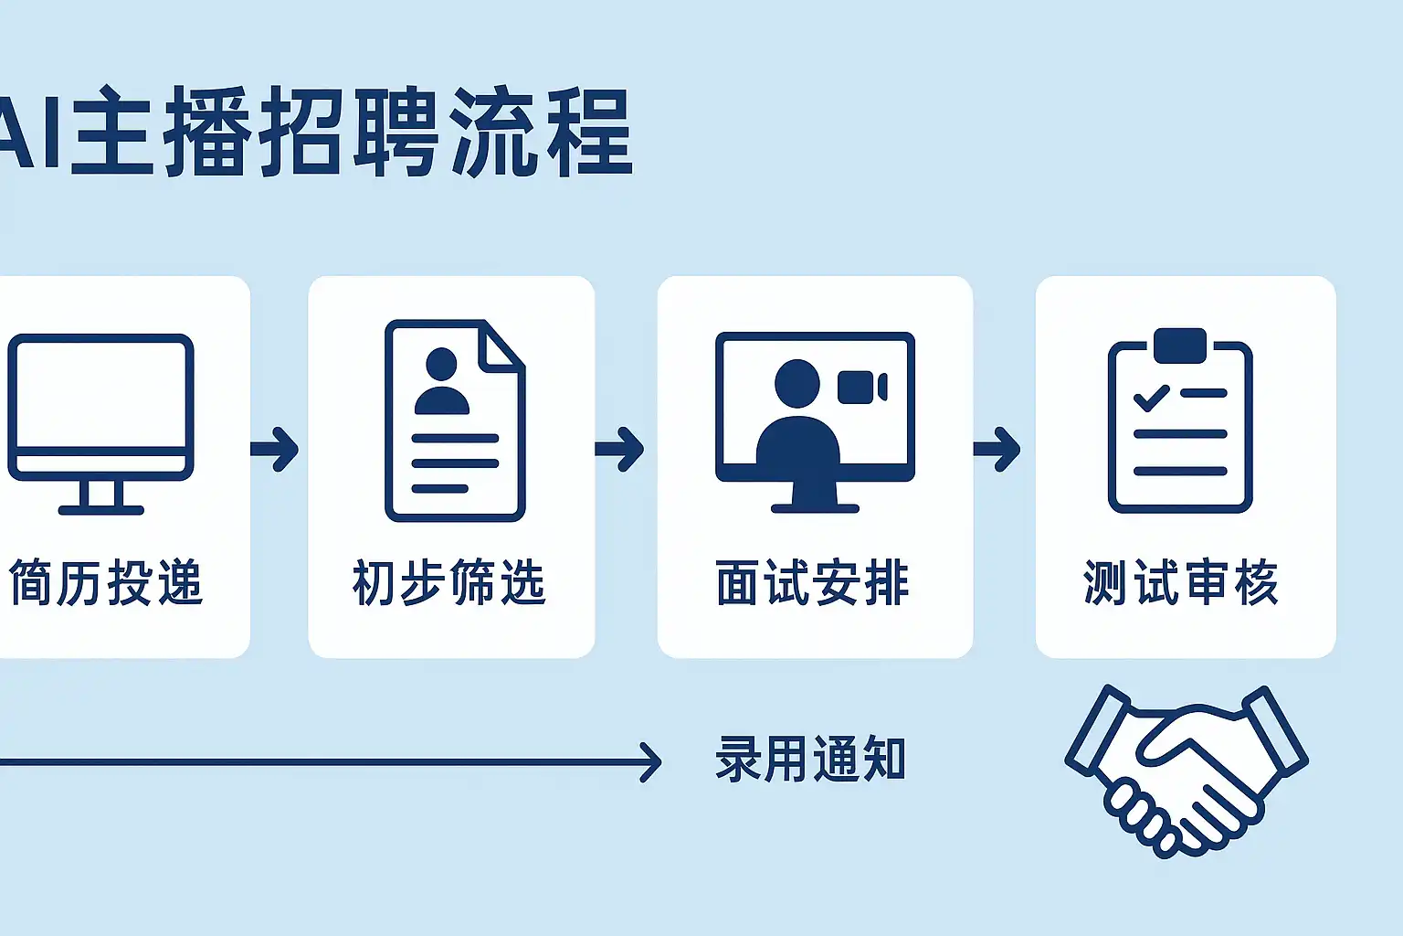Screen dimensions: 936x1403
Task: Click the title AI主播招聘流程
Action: tap(315, 133)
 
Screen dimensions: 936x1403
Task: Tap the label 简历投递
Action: tap(106, 582)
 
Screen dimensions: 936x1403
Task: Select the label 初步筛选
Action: tap(449, 582)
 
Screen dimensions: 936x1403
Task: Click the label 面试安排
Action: tap(813, 582)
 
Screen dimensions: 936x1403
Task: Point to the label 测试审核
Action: tap(1181, 582)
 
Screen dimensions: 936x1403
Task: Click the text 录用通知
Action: tap(810, 759)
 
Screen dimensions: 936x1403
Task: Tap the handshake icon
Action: tap(1186, 768)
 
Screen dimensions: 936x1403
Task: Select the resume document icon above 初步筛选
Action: tap(454, 420)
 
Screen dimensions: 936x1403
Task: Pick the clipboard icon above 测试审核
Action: tap(1180, 425)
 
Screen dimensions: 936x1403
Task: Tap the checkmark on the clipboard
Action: tap(1151, 397)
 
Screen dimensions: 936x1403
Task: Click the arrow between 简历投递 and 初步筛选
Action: tap(275, 449)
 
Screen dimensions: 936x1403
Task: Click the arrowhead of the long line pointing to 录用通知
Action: tap(651, 762)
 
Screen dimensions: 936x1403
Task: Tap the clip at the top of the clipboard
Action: tap(1180, 345)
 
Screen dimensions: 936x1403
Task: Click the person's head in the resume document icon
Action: tap(441, 364)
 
